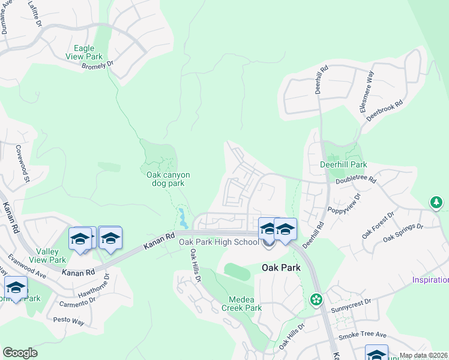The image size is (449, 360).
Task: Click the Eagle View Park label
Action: (88, 52)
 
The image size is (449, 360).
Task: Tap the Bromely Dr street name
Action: (97, 65)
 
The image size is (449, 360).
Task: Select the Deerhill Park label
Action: (343, 164)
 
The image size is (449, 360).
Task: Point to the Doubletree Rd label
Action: (355, 179)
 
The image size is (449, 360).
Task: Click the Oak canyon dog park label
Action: (168, 179)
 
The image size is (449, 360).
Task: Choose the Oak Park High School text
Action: (219, 242)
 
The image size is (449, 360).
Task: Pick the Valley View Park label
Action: (51, 256)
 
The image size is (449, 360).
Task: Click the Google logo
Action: (20, 353)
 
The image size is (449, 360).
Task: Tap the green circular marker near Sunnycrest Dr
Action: (316, 298)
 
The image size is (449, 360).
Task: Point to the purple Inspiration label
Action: (430, 280)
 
